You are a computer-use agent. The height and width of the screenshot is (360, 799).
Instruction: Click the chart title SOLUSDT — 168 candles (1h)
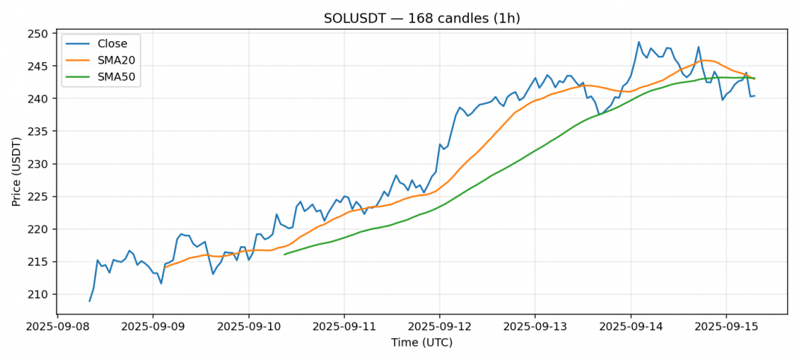click(422, 18)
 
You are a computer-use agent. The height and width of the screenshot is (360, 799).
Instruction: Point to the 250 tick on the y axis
click(38, 34)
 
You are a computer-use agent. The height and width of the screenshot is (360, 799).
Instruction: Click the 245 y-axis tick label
click(38, 67)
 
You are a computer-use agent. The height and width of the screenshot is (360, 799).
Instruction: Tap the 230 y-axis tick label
click(38, 164)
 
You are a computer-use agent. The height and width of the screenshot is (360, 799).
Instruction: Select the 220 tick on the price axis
click(38, 229)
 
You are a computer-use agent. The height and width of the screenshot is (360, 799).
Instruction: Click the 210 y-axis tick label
click(38, 294)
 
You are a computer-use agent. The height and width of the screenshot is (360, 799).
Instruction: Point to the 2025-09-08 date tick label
click(57, 327)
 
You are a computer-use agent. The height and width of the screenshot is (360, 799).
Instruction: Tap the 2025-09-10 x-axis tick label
click(248, 327)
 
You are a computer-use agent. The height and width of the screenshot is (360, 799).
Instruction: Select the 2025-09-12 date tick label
click(439, 327)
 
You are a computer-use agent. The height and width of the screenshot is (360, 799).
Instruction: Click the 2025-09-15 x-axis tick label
click(726, 327)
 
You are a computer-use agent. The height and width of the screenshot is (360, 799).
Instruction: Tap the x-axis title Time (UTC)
click(422, 343)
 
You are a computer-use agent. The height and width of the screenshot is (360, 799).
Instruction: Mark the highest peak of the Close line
click(639, 42)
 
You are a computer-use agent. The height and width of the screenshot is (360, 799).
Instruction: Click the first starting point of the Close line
click(90, 301)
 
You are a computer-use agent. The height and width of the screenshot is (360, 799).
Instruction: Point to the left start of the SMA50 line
click(284, 254)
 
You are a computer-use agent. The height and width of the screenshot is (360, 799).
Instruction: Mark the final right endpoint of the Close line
click(754, 95)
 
